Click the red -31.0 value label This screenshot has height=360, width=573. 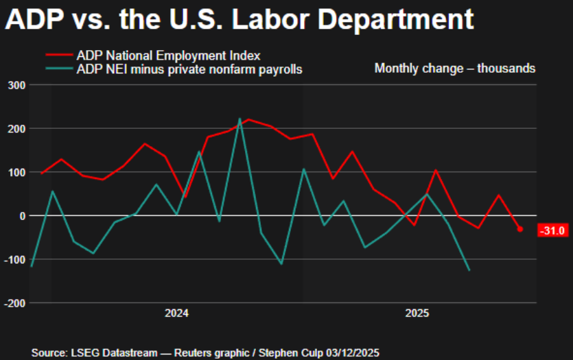pos(552,230)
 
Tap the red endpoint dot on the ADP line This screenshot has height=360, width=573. pos(519,229)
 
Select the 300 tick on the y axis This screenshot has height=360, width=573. pos(15,85)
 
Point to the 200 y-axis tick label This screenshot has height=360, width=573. pos(15,128)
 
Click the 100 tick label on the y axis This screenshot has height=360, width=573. pos(15,172)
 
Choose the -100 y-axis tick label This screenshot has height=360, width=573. pos(14,259)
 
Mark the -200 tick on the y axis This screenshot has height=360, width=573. pos(14,302)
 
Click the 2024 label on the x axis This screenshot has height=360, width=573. pos(176,313)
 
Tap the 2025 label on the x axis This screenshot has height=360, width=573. pos(417,313)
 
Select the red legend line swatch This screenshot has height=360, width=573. pos(59,55)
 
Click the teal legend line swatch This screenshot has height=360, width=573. pos(59,69)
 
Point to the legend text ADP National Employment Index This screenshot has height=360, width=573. pos(168,55)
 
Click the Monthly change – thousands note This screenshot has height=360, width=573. pos(455,69)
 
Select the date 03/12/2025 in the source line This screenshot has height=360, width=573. pos(353,352)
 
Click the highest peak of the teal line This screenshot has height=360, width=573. pos(239,119)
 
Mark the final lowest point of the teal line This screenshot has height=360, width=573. pos(469,270)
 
